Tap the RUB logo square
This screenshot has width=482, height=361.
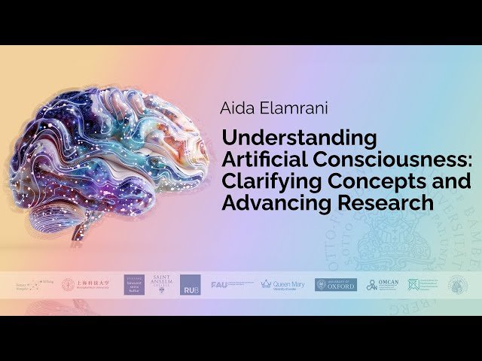pyautogui.click(x=191, y=285)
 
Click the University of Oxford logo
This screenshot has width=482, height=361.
pyautogui.click(x=336, y=284)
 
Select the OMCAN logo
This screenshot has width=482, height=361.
pyautogui.click(x=382, y=284)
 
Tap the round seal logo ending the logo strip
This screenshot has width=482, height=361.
pyautogui.click(x=458, y=284)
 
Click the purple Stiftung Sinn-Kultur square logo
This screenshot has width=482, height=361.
pyautogui.click(x=134, y=284)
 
